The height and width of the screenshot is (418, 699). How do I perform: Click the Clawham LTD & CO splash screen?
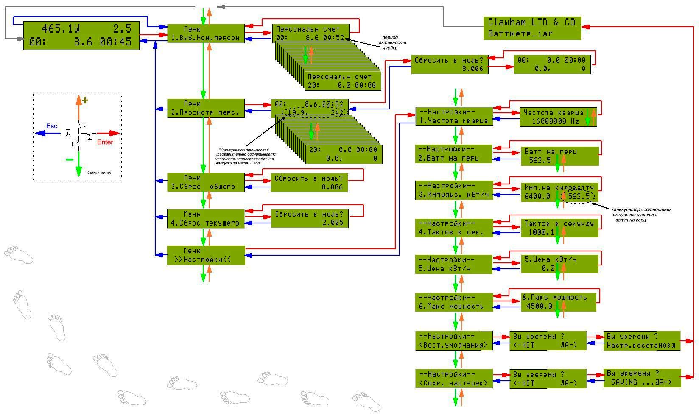tap(532, 28)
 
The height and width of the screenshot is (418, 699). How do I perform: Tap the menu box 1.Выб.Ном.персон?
tap(206, 34)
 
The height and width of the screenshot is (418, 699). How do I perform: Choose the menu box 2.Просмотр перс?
tap(206, 108)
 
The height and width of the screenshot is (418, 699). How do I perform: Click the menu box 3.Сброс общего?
tap(206, 182)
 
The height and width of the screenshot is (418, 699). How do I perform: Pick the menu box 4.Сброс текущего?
tap(206, 218)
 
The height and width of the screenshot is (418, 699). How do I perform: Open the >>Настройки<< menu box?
tap(206, 255)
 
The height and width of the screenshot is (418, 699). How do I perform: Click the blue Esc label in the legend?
tap(52, 126)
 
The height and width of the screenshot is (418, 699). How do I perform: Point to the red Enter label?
tap(105, 142)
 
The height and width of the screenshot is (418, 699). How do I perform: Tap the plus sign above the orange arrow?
tap(85, 100)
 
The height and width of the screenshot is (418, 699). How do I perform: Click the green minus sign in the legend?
tap(70, 159)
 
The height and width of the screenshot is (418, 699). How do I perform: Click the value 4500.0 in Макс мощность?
tap(540, 306)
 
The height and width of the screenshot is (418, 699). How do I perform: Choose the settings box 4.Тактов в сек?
tap(454, 228)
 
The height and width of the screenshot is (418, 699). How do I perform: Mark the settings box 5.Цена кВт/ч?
tap(454, 264)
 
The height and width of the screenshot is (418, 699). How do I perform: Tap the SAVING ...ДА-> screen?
tap(642, 378)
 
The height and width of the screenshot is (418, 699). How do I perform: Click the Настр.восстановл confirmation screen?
tap(642, 340)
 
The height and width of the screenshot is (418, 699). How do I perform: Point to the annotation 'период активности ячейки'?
tap(392, 42)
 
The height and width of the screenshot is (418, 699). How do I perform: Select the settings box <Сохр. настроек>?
tap(454, 379)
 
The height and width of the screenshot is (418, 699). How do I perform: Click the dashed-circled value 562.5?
tap(579, 197)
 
